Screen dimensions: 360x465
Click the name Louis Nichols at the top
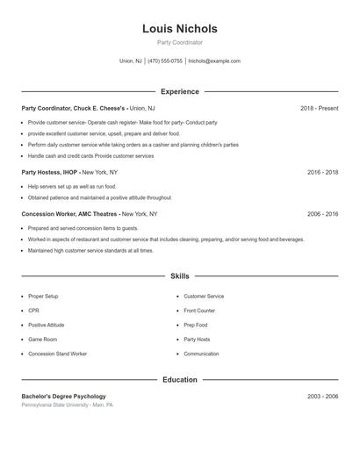(x=179, y=28)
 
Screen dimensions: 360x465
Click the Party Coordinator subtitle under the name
(x=179, y=42)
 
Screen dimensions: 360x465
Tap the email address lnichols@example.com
(x=213, y=61)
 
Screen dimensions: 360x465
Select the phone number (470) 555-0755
(x=165, y=61)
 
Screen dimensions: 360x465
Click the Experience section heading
(x=179, y=91)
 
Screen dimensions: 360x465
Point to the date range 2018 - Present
(x=319, y=108)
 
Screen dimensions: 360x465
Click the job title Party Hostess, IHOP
(x=50, y=173)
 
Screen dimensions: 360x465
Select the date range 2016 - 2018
(x=322, y=173)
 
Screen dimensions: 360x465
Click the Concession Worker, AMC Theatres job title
(x=69, y=214)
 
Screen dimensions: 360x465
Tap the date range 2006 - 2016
(x=322, y=214)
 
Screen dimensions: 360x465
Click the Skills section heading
(x=179, y=275)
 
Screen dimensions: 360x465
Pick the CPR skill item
(x=33, y=311)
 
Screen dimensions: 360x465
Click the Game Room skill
(x=42, y=339)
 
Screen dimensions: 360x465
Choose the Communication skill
(x=201, y=354)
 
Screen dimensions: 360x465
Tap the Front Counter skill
(x=199, y=311)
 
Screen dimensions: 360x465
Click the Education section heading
(x=179, y=380)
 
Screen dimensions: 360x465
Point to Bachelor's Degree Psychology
(x=63, y=397)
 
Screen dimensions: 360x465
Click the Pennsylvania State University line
(x=67, y=405)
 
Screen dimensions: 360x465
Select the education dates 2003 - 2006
(x=322, y=397)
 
